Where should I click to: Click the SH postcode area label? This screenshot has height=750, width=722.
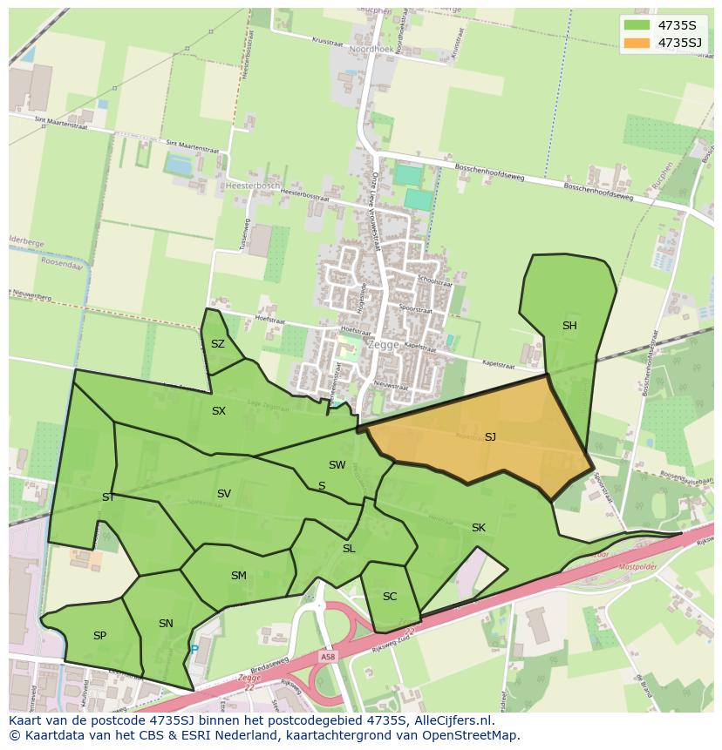pyautogui.click(x=569, y=326)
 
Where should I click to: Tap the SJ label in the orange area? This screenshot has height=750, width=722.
pyautogui.click(x=490, y=436)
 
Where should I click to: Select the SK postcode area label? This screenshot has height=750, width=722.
pyautogui.click(x=479, y=528)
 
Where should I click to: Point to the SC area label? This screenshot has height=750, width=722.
pyautogui.click(x=390, y=597)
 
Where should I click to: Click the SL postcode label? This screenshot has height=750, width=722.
pyautogui.click(x=349, y=549)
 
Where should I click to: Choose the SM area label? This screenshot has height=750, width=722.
pyautogui.click(x=239, y=576)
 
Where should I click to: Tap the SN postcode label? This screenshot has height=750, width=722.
pyautogui.click(x=166, y=623)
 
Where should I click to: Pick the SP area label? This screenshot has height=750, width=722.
pyautogui.click(x=99, y=636)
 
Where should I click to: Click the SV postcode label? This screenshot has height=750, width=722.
pyautogui.click(x=224, y=494)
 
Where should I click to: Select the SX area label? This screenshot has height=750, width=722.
pyautogui.click(x=219, y=411)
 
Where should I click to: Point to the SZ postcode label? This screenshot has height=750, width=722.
pyautogui.click(x=218, y=344)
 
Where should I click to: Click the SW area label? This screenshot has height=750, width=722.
pyautogui.click(x=337, y=465)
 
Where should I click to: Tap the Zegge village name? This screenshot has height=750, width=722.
pyautogui.click(x=384, y=344)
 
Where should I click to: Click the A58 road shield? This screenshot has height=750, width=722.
pyautogui.click(x=327, y=657)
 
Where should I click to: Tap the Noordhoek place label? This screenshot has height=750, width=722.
pyautogui.click(x=371, y=50)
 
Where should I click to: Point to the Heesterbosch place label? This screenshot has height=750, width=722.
pyautogui.click(x=252, y=186)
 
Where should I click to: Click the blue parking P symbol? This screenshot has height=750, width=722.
pyautogui.click(x=194, y=650)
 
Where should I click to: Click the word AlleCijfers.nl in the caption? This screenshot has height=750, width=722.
pyautogui.click(x=453, y=720)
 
